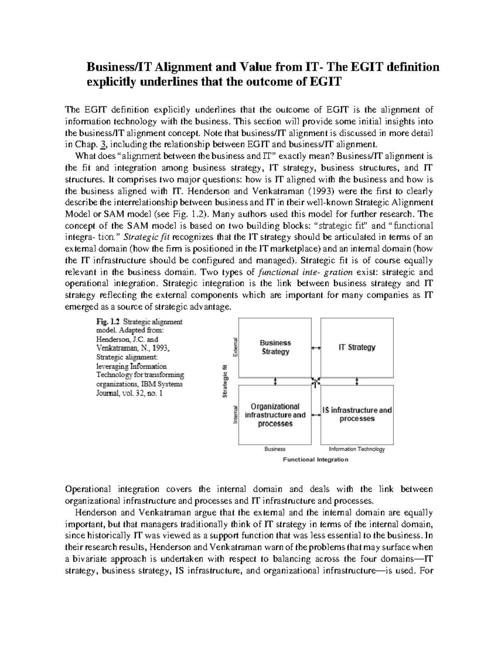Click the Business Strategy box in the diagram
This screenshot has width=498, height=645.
[x=275, y=347]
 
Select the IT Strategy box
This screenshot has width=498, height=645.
[x=357, y=347]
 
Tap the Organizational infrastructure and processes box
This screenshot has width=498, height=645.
[x=275, y=415]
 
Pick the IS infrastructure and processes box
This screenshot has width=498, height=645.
[x=357, y=414]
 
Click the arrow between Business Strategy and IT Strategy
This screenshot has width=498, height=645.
[x=316, y=348]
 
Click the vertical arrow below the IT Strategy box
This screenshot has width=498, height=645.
[x=357, y=381]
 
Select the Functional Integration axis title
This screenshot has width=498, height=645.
[x=315, y=459]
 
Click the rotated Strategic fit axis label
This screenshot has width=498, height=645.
[x=225, y=381]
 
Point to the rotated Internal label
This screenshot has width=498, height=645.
[x=235, y=414]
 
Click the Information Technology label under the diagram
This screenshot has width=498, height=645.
[x=356, y=449]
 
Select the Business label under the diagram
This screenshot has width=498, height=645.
[x=275, y=449]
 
